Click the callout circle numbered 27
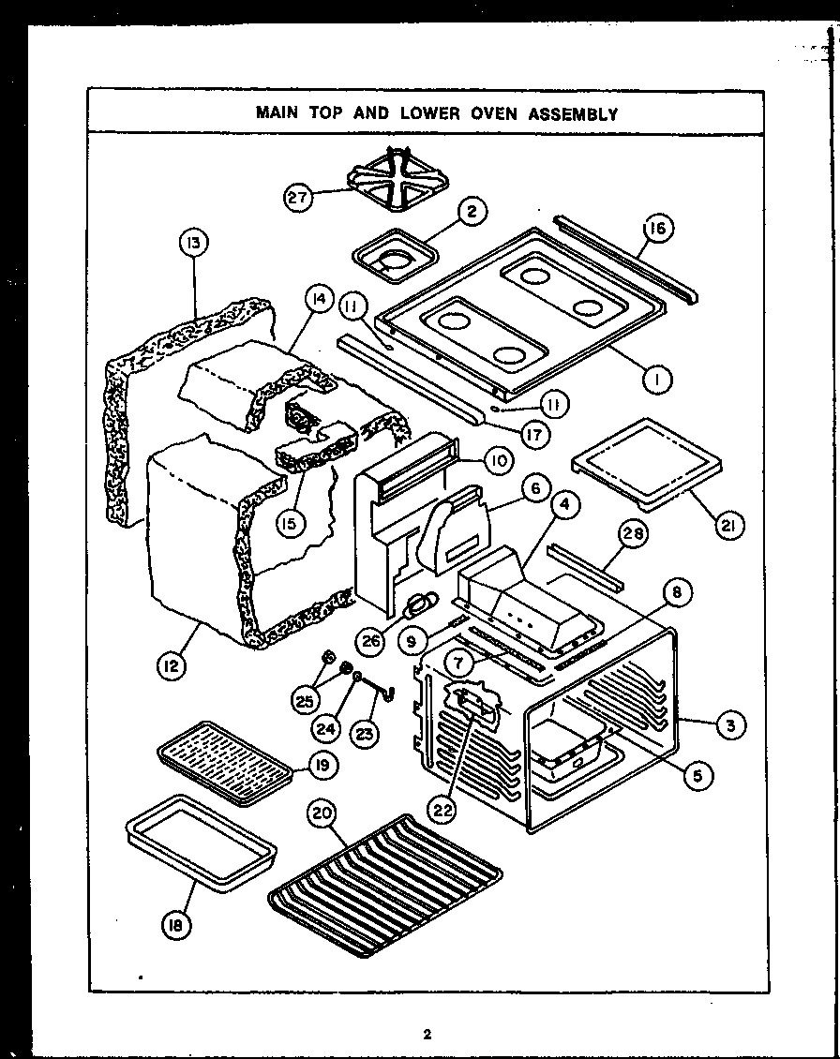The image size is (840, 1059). (299, 197)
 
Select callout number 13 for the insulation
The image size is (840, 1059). (193, 245)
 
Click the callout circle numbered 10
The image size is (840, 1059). (498, 459)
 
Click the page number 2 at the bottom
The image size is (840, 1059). (427, 1035)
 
